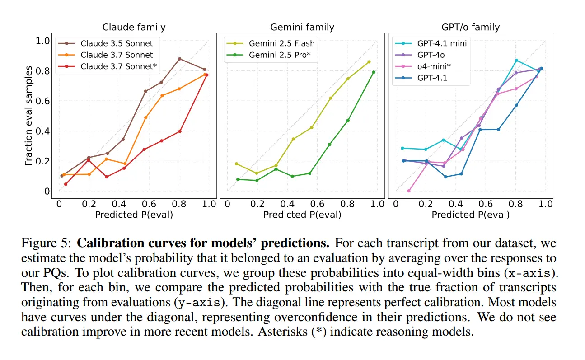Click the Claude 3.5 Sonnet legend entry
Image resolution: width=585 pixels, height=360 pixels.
(106, 43)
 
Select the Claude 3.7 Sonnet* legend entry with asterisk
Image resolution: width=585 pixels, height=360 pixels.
(108, 66)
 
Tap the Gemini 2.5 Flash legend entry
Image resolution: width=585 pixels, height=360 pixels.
(271, 43)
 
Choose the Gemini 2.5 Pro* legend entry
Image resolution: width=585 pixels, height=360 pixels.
(268, 55)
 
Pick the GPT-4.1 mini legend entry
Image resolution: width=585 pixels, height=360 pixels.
(431, 43)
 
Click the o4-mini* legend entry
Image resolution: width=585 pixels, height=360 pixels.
(423, 66)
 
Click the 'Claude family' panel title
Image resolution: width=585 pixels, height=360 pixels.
(134, 27)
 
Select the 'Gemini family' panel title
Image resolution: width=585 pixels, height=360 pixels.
(302, 27)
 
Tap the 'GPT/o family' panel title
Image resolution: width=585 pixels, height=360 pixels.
(471, 27)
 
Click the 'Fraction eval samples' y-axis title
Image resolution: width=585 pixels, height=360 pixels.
(28, 116)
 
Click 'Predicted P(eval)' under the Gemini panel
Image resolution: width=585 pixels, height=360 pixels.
(302, 215)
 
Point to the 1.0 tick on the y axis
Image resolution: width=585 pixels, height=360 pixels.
(42, 41)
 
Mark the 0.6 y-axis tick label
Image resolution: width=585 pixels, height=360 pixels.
(42, 101)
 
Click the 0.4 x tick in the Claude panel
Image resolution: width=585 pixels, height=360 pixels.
(119, 204)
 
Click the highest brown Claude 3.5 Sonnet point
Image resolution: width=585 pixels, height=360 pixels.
(179, 59)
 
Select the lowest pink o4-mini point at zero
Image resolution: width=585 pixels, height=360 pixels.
(409, 191)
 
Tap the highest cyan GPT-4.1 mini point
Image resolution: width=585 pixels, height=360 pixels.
(516, 61)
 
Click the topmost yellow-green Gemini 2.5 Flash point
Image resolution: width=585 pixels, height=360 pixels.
(369, 62)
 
